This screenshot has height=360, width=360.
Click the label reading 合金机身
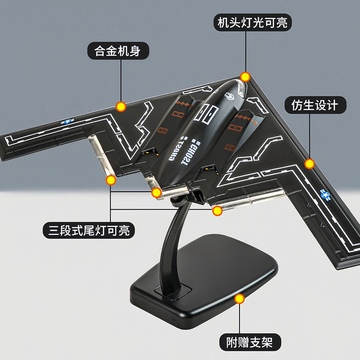click(117, 51)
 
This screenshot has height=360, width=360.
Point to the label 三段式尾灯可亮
click(89, 231)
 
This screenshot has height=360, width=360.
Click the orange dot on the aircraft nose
click(245, 76)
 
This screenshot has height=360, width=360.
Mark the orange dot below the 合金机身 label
click(121, 107)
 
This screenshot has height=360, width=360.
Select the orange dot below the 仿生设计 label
click(309, 163)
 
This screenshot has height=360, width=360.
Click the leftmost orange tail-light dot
click(110, 181)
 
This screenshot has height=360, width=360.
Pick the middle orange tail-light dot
click(156, 193)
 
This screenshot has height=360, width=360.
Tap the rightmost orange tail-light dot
click(218, 210)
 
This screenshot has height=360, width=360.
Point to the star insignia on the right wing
click(325, 194)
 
